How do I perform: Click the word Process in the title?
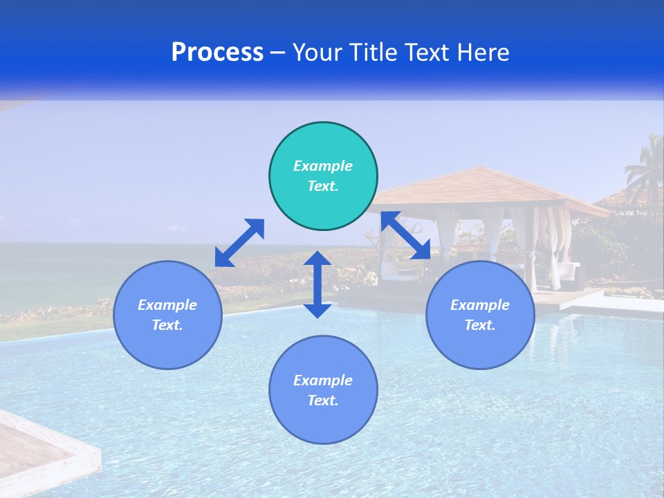[x=217, y=53]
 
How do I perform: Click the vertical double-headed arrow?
[x=317, y=284]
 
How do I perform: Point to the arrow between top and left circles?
[x=239, y=243]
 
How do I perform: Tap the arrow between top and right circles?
[x=405, y=235]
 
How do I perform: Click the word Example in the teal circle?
[x=323, y=166]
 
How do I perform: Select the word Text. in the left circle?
[x=167, y=325]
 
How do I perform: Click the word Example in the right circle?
[x=480, y=305]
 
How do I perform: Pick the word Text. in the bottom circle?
[x=323, y=400]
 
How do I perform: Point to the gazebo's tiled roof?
[x=484, y=187]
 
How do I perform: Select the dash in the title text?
[x=278, y=53]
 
